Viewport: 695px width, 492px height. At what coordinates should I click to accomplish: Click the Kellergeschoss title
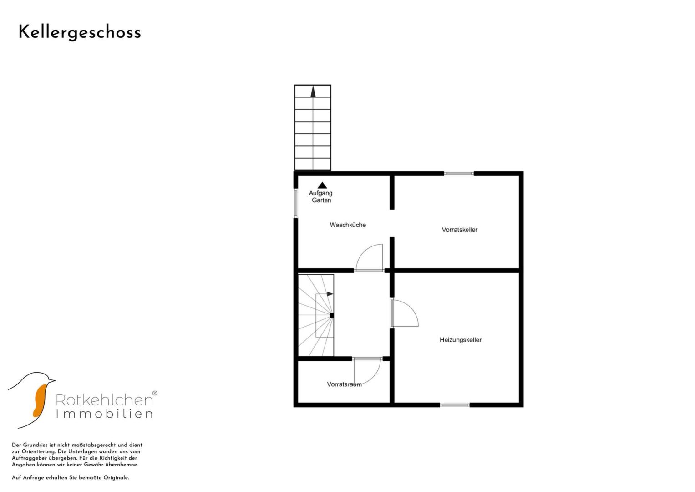pos(80,33)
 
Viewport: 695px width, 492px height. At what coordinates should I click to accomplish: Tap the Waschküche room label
pos(348,225)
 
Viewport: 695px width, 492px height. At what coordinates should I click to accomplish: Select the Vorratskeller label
pos(460,230)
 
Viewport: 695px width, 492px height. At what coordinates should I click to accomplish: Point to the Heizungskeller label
pos(461,340)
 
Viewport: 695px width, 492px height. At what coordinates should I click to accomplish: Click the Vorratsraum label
pos(345,384)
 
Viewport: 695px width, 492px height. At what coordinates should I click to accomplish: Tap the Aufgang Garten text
pos(321,196)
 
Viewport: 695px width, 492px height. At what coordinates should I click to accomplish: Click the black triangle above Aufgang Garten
pos(322,185)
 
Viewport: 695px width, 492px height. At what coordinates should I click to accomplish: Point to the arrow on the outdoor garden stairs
pos(313,92)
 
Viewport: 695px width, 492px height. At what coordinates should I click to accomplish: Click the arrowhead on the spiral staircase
pos(330,294)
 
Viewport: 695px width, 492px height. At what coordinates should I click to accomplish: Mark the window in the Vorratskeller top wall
pos(459,174)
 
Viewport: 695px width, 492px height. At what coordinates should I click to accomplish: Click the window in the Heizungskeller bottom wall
pos(455,405)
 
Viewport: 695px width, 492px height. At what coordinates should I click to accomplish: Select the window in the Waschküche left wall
pos(296,203)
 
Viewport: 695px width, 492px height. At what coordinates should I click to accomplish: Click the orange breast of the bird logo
pos(40,401)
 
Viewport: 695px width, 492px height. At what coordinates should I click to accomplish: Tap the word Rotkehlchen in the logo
pos(104,400)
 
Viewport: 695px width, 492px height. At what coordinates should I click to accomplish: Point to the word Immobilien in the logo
pos(104,414)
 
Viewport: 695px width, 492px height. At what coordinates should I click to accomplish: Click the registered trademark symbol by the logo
pos(154,393)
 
